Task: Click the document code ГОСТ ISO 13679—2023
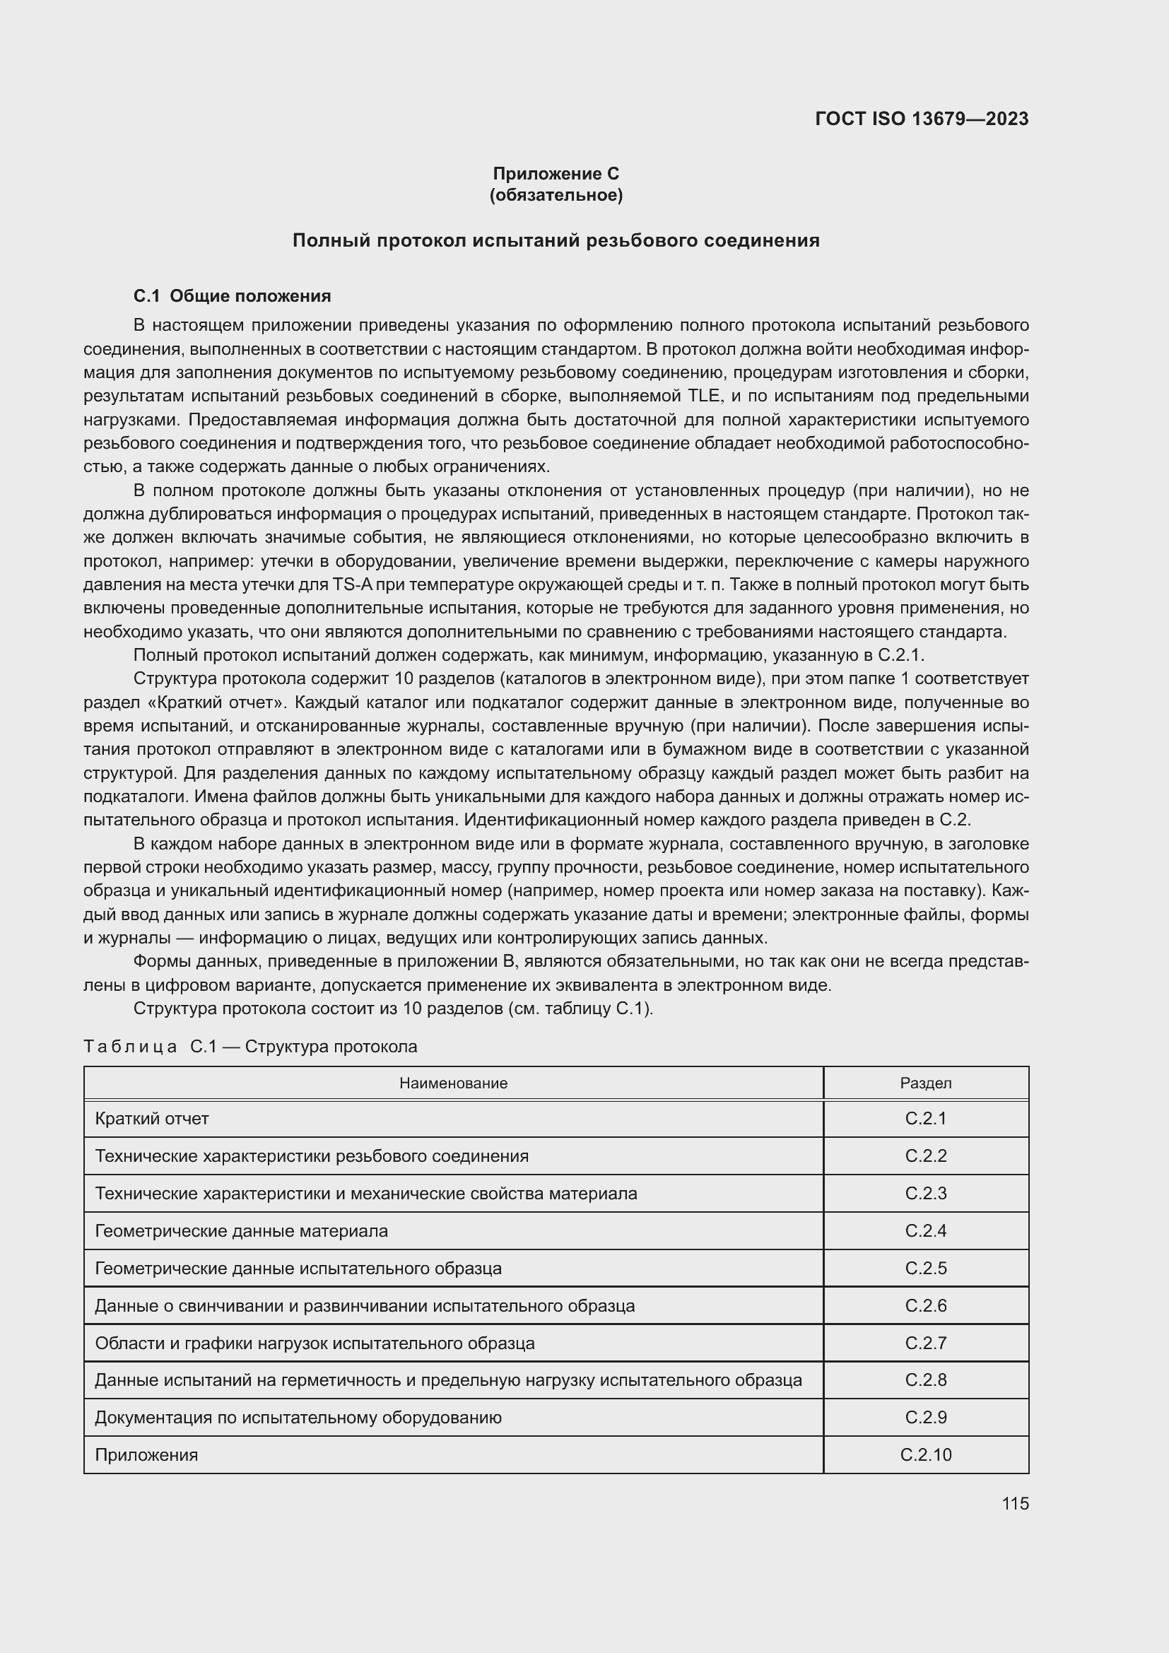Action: click(x=922, y=119)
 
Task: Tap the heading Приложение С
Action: click(x=556, y=174)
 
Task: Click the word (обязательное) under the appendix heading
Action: click(x=556, y=195)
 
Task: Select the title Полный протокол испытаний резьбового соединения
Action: click(x=556, y=240)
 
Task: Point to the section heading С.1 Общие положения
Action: click(x=232, y=296)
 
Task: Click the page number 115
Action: click(x=1015, y=1503)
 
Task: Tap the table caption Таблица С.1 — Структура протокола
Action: click(x=250, y=1046)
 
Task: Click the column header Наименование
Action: click(x=454, y=1083)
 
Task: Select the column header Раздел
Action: click(x=926, y=1083)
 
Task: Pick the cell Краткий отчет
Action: click(x=152, y=1118)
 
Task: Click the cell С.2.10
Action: click(x=926, y=1454)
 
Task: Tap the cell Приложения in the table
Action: click(x=146, y=1454)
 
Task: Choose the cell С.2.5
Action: click(x=926, y=1268)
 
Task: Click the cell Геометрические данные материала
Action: click(x=241, y=1230)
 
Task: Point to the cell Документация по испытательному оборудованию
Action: click(x=298, y=1417)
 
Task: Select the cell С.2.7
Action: click(x=926, y=1343)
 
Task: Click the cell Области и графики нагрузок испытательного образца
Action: click(x=315, y=1343)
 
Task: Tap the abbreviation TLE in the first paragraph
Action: click(x=703, y=396)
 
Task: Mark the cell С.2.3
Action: click(x=926, y=1193)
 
